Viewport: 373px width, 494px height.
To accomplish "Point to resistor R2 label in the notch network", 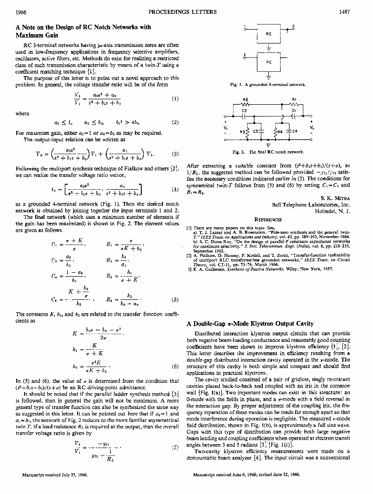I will (246, 99).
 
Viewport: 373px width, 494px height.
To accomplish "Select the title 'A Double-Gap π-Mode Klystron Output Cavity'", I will (250, 324).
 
